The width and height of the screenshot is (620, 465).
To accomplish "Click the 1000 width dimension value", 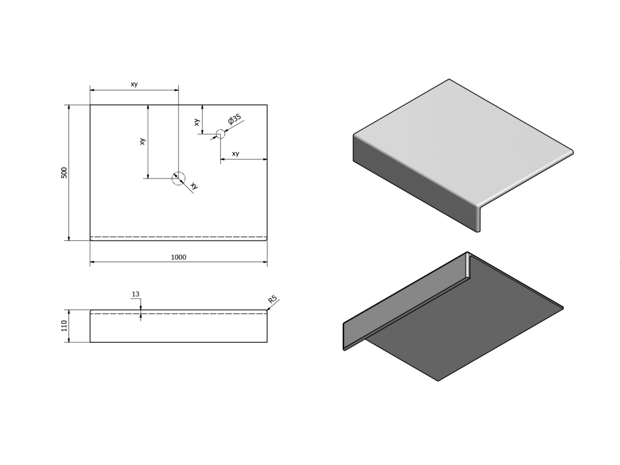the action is [179, 257].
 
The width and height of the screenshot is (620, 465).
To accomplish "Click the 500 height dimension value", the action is [64, 173].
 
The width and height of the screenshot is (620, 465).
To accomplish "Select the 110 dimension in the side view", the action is [64, 326].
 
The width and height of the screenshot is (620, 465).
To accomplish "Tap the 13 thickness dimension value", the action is [135, 294].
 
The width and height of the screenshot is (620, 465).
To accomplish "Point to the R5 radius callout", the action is [272, 299].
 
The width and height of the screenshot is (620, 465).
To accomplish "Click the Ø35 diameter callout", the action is [234, 119].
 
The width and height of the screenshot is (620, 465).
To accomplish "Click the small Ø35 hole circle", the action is [220, 134].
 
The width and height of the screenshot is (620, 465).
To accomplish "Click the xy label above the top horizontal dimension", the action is [134, 84].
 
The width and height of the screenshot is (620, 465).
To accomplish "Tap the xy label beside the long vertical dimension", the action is [142, 141].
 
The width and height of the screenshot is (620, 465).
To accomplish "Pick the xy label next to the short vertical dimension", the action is [197, 122].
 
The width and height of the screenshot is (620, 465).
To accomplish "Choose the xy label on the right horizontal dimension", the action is [236, 153].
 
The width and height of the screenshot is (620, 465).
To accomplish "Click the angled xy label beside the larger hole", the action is [194, 185].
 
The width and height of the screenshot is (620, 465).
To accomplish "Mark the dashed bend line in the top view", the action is [179, 237].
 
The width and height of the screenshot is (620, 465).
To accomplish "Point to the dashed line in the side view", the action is [179, 314].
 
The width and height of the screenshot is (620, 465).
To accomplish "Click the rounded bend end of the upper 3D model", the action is [479, 217].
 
